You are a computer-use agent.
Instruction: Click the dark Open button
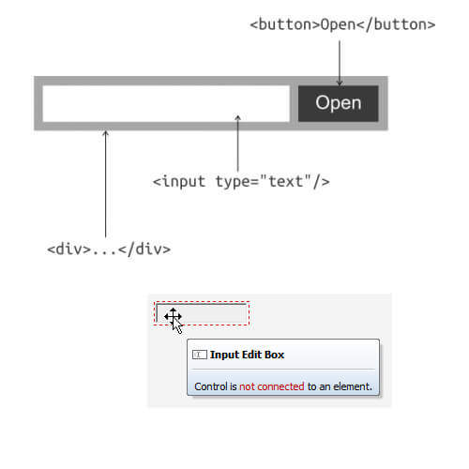339,103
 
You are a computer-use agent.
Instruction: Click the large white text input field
166,103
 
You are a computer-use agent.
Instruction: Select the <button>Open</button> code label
342,24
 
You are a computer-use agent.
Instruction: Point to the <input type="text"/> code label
241,182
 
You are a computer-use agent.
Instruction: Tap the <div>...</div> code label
109,250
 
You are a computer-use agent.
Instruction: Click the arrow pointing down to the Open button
340,63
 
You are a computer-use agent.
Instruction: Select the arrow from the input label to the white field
237,144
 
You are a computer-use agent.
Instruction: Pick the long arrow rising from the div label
106,184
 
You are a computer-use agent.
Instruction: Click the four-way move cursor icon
173,316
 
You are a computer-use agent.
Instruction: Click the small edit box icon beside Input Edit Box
199,355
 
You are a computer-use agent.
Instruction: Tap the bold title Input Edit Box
247,355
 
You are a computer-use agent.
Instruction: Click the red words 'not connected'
272,386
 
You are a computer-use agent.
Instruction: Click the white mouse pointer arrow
177,326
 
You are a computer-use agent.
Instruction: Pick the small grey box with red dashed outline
202,313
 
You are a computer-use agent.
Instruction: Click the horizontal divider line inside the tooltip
283,370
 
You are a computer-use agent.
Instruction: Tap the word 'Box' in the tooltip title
274,355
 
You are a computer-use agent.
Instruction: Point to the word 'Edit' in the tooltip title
251,355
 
